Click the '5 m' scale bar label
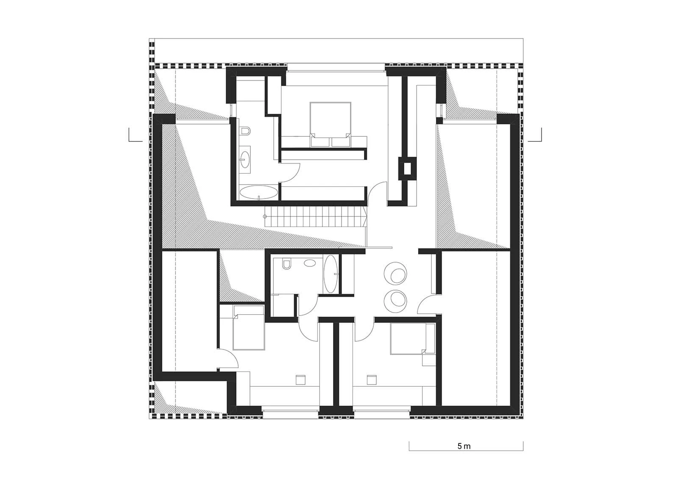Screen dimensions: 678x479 464,446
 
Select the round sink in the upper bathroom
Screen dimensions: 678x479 245,159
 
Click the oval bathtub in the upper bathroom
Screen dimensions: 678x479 259,192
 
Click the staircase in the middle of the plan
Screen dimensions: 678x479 316,216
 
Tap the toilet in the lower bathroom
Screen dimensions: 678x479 286,263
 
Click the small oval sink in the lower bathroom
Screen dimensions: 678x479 310,263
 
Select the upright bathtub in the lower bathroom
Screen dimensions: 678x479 331,274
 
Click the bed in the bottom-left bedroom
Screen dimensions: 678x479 248,327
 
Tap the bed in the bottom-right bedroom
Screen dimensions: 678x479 408,338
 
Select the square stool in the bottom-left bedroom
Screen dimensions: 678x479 300,380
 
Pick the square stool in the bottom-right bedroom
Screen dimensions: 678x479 372,380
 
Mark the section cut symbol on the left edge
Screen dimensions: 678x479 135,135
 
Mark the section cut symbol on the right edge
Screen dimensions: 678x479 535,135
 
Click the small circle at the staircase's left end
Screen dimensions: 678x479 265,217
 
